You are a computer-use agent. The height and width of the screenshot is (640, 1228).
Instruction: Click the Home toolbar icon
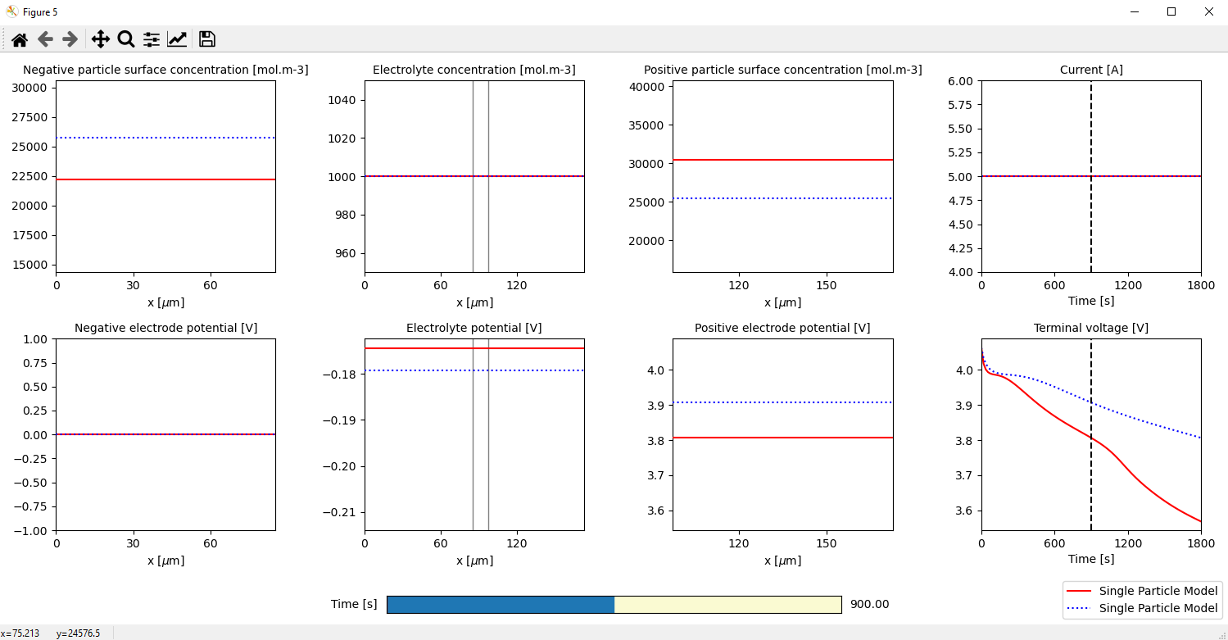20,39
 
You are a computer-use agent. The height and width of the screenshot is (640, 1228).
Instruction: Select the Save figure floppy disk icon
207,39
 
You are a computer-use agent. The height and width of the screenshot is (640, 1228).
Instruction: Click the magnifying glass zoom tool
126,39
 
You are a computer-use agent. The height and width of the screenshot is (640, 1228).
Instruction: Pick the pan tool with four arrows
101,39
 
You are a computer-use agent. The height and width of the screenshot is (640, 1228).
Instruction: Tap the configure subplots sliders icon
152,39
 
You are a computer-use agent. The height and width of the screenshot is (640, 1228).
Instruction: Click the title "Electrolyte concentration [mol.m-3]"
474,70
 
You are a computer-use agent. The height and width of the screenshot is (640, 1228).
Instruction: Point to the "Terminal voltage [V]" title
1090,328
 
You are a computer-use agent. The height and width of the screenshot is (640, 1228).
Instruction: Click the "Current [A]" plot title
1091,70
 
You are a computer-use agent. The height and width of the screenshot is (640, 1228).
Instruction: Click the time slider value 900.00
869,605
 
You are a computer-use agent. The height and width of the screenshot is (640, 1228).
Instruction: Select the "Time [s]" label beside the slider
354,605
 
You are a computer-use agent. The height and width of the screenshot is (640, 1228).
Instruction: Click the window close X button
1208,11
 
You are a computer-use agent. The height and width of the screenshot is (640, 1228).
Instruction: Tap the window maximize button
1171,11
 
